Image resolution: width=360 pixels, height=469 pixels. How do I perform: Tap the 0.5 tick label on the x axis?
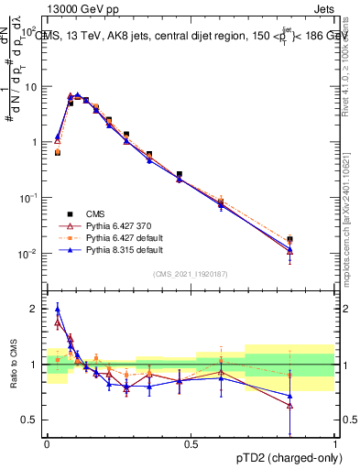(191, 442)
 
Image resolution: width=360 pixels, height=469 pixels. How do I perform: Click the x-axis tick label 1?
(334, 442)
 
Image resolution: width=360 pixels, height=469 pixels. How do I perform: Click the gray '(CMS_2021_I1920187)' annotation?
(191, 274)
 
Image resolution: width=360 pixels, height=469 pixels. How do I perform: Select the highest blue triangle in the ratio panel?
(58, 309)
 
